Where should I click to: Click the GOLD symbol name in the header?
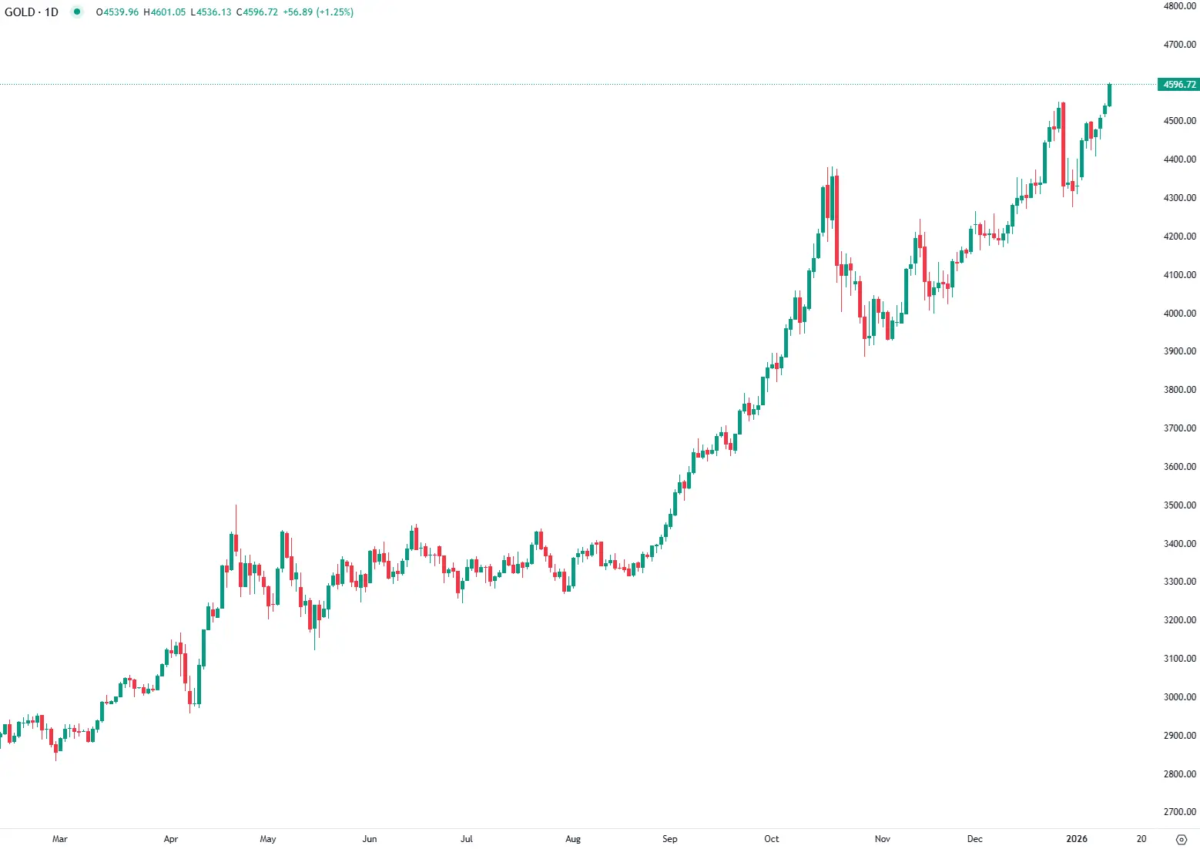pyautogui.click(x=19, y=12)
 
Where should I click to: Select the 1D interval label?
pyautogui.click(x=52, y=12)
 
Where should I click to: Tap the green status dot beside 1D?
pyautogui.click(x=76, y=12)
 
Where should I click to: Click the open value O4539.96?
pyautogui.click(x=117, y=12)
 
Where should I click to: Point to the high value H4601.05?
pyautogui.click(x=165, y=12)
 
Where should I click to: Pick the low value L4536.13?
pyautogui.click(x=211, y=12)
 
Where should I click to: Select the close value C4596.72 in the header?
pyautogui.click(x=257, y=12)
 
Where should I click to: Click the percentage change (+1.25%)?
pyautogui.click(x=335, y=12)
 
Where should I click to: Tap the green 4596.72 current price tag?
pyautogui.click(x=1179, y=85)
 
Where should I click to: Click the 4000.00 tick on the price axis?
pyautogui.click(x=1179, y=314)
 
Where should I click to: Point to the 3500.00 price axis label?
pyautogui.click(x=1179, y=505)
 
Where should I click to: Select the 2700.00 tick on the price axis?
pyautogui.click(x=1179, y=812)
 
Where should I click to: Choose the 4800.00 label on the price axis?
pyautogui.click(x=1179, y=6)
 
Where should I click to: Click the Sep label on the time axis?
pyautogui.click(x=669, y=839)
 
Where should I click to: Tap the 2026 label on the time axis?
pyautogui.click(x=1076, y=839)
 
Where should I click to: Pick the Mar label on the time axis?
pyautogui.click(x=59, y=839)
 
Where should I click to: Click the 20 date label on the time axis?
pyautogui.click(x=1141, y=839)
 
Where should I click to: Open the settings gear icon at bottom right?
pyautogui.click(x=1182, y=840)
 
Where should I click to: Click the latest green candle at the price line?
pyautogui.click(x=1110, y=95)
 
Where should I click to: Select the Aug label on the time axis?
pyautogui.click(x=573, y=839)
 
